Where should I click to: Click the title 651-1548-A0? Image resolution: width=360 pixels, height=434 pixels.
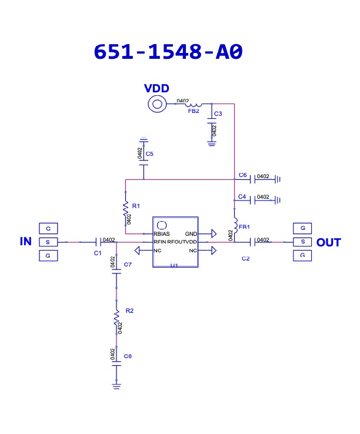tap(168, 52)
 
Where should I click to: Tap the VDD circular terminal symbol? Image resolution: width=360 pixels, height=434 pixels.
tap(156, 105)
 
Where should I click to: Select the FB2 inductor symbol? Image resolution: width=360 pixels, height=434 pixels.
tap(193, 104)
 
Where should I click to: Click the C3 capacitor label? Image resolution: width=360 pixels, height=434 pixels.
tap(218, 113)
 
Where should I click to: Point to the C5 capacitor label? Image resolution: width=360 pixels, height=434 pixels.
tap(150, 153)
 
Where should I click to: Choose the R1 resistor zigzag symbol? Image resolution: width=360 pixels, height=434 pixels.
tap(125, 207)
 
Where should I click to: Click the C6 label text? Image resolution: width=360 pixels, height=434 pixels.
tap(243, 175)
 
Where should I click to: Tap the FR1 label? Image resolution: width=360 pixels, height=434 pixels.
tap(244, 226)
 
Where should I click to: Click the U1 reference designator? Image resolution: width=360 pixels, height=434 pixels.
tap(174, 266)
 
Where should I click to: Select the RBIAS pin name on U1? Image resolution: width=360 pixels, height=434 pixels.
tap(162, 233)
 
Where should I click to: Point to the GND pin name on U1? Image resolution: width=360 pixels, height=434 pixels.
tap(191, 233)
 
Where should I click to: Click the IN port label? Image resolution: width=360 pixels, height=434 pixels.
tap(25, 242)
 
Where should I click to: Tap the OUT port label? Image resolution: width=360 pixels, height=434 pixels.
tap(328, 242)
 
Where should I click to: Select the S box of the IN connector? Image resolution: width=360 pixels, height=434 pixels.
tap(48, 242)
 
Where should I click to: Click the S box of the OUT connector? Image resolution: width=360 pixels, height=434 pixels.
tap(302, 242)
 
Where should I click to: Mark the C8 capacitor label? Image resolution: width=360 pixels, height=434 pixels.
tap(128, 356)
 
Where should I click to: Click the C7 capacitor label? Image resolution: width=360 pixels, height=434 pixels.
tap(128, 265)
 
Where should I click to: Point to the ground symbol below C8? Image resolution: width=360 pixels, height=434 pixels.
tap(116, 386)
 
